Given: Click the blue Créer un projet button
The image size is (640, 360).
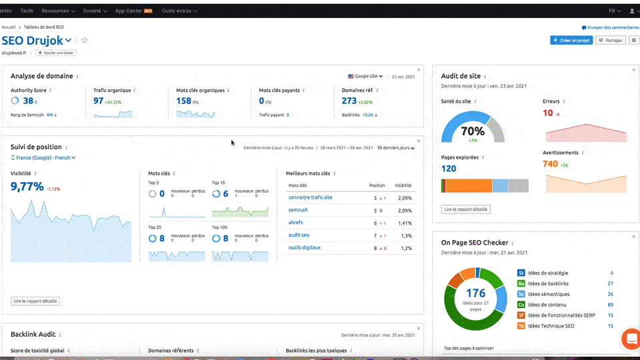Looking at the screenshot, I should coord(571,40).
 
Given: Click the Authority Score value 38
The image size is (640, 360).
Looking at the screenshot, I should coord(28,101).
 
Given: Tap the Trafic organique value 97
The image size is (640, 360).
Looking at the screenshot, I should coord(98,101).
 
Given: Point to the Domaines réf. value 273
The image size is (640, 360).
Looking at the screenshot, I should coord(349,101).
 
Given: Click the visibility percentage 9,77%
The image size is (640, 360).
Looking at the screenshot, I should coord(27,186).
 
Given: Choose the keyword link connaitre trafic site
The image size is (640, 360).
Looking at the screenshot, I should coord(310,197).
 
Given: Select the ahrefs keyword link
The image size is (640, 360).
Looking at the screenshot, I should coord(295,223).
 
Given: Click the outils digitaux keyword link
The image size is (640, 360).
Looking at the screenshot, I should coord(304,247).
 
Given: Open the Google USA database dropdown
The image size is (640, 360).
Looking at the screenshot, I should coord(365,76).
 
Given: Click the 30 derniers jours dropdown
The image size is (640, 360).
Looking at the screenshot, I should coord(395,148).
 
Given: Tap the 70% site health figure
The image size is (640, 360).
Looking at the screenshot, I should coord(473,131).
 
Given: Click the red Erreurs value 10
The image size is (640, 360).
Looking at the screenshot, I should coord(548,113).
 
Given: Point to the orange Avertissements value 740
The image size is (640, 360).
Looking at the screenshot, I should coord(550,163).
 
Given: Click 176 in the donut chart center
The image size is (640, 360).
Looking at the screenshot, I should coord(475,293).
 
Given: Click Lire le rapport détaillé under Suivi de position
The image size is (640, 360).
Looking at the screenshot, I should coord(36,301).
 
